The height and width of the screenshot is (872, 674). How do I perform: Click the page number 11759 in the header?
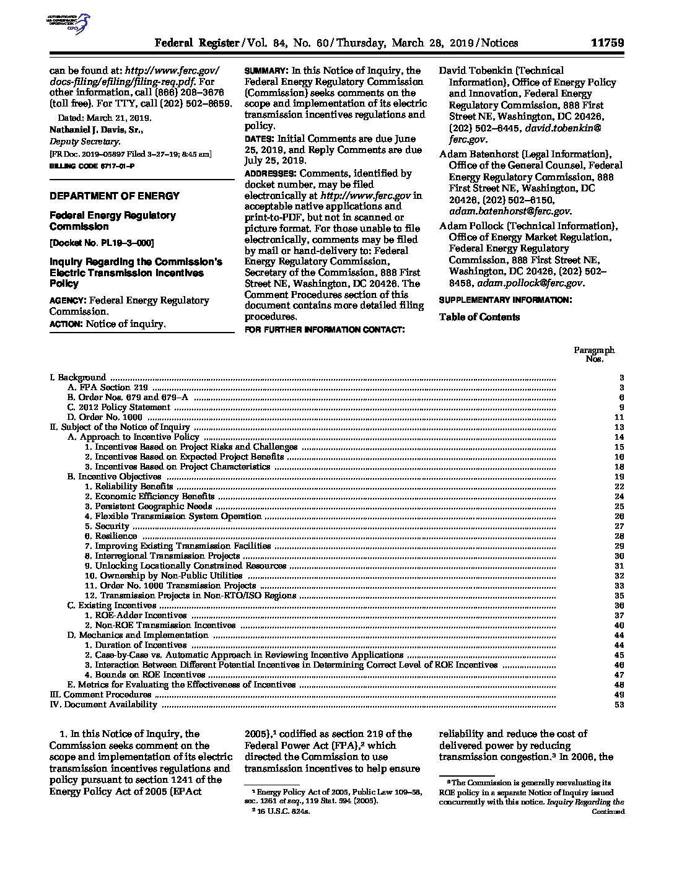point(606,43)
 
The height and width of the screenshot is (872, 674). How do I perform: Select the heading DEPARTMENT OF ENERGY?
point(115,196)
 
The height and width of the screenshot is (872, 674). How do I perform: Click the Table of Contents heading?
point(479,317)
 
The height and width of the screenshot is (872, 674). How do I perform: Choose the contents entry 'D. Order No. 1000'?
point(105,417)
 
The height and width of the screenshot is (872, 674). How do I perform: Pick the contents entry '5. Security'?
point(107,526)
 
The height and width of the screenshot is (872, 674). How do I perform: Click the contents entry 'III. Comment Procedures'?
point(100,695)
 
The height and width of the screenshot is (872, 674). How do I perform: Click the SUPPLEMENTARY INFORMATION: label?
point(504,300)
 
